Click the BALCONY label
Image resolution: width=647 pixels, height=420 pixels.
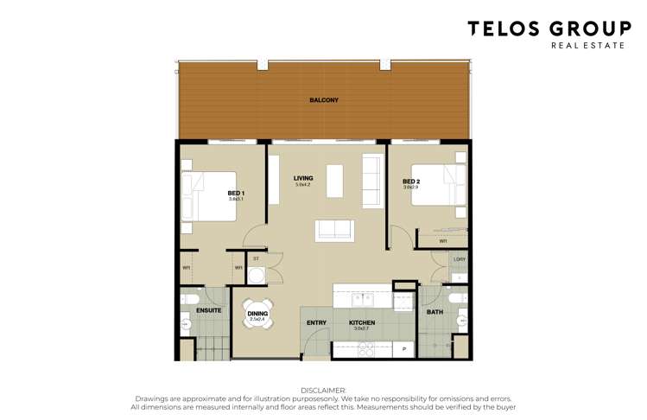click(x=324, y=100)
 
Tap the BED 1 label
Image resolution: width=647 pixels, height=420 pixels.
click(x=236, y=193)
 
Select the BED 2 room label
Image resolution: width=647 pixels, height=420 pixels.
click(x=410, y=181)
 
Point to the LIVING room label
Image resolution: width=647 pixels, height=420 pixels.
click(x=302, y=178)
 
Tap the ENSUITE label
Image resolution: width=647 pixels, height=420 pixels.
click(x=208, y=309)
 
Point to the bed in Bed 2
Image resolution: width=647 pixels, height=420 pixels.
click(x=436, y=185)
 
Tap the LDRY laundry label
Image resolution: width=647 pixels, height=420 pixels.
click(x=460, y=259)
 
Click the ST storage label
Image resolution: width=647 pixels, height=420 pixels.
click(x=256, y=258)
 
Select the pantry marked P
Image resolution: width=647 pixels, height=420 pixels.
click(x=404, y=349)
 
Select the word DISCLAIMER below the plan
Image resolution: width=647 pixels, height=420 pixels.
click(x=323, y=391)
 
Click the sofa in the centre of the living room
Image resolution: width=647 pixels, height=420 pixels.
click(x=334, y=230)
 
